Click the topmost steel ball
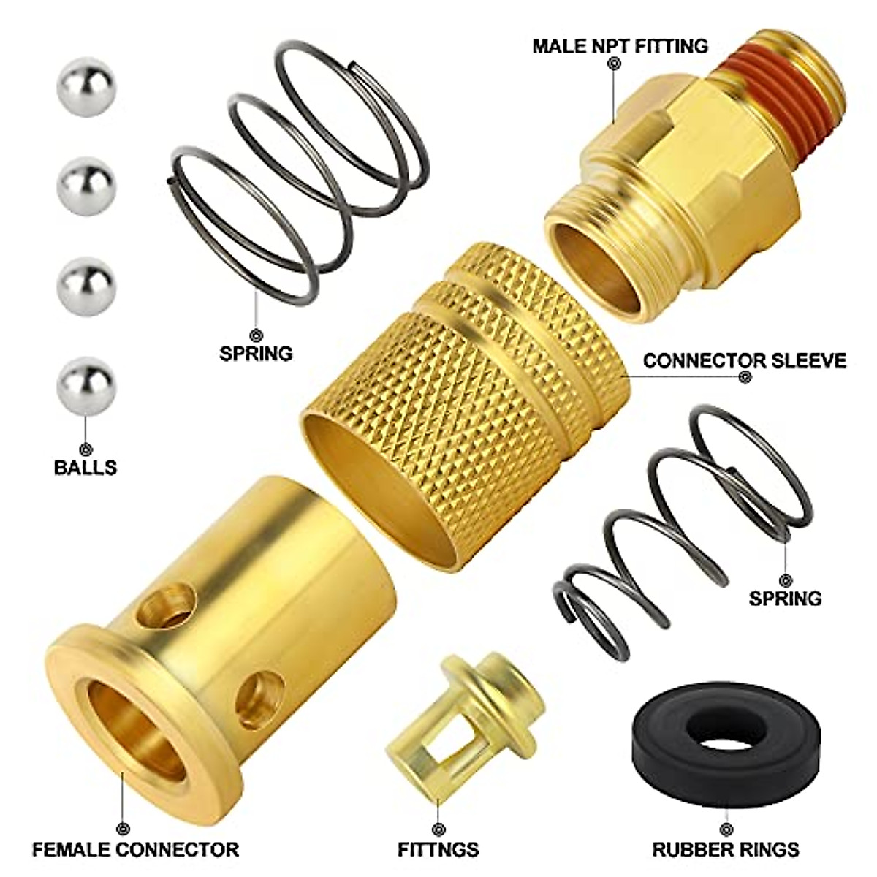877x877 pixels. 86,87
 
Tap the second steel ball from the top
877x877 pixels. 86,186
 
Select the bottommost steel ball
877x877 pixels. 86,386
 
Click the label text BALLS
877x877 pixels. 86,467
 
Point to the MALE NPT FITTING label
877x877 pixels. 620,46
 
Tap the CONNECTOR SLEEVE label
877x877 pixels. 744,360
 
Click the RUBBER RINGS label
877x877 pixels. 726,849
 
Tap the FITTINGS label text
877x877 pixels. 438,849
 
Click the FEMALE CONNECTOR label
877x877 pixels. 135,849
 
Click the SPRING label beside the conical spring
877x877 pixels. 785,598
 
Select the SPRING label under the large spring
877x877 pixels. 256,353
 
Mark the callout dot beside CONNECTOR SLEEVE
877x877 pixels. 745,379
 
